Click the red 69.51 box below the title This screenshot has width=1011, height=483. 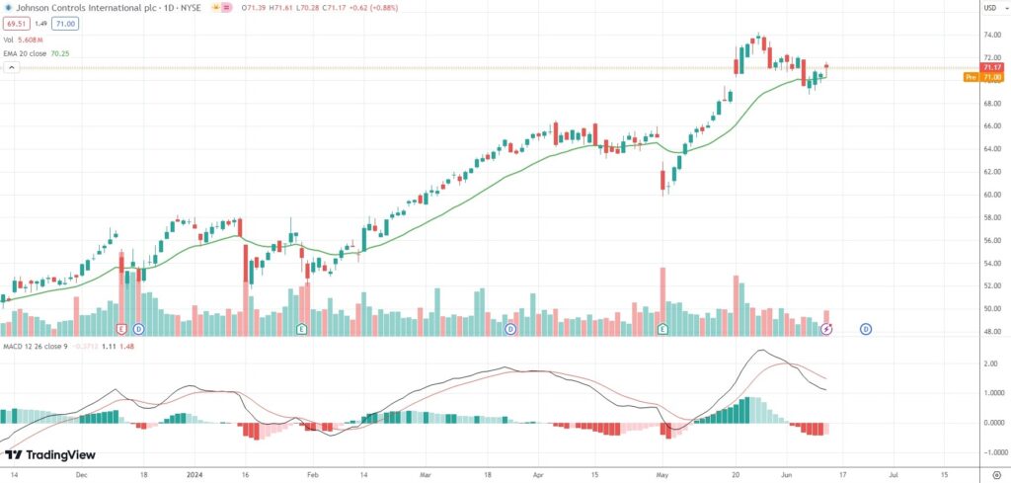point(16,23)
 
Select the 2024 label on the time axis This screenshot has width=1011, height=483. point(194,474)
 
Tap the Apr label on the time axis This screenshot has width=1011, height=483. point(537,474)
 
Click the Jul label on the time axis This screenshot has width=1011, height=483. point(894,474)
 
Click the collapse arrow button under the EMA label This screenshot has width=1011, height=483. point(12,68)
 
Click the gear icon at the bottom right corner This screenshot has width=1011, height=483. point(996,474)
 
